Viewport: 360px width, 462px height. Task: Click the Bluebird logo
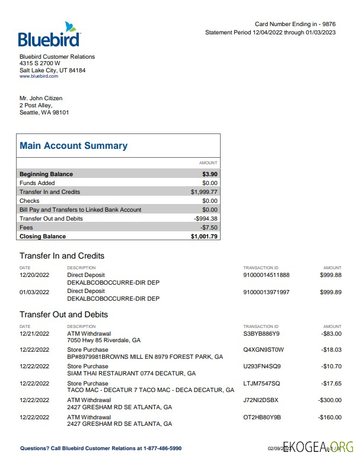49,35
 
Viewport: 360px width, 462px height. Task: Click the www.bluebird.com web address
39,77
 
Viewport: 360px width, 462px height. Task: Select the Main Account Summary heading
74,146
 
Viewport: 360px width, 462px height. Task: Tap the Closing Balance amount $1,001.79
204,237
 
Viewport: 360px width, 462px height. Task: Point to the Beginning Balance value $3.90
209,174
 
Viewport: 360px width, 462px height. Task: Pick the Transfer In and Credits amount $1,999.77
204,192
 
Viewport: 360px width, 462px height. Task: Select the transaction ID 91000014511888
266,275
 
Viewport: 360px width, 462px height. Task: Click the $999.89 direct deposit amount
330,292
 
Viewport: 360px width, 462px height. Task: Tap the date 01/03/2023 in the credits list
34,292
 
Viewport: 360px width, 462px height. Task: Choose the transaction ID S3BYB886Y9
262,334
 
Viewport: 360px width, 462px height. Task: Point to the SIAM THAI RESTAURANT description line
131,374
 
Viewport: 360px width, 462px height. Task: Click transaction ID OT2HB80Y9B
262,418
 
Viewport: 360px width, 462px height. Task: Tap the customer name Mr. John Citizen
41,98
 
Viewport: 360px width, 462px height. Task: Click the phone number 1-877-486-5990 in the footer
162,448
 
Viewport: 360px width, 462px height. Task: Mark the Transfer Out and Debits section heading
63,314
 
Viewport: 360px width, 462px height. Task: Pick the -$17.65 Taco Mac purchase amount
331,384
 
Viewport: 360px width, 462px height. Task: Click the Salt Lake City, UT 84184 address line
52,71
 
